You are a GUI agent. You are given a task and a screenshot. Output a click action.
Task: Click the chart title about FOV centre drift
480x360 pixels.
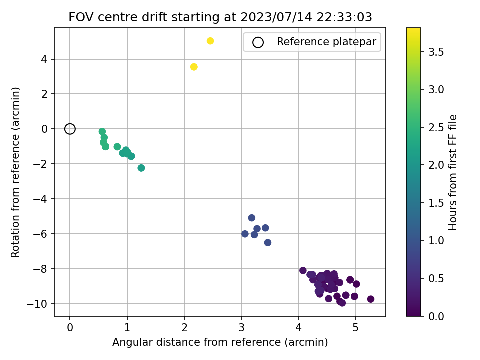tap(220, 17)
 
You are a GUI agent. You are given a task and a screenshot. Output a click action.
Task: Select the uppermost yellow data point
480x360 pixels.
tap(210, 41)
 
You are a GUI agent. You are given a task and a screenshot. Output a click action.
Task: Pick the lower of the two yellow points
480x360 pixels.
tap(194, 67)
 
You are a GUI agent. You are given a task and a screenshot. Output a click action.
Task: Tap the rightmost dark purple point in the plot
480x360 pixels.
tap(370, 299)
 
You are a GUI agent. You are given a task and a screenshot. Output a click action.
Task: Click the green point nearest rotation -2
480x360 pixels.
tap(141, 168)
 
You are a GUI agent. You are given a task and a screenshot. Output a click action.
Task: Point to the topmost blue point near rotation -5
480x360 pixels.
tap(252, 218)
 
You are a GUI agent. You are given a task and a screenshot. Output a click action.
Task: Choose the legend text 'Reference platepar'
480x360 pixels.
tap(326, 41)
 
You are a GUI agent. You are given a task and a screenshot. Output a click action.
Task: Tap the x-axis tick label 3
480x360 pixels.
tap(241, 328)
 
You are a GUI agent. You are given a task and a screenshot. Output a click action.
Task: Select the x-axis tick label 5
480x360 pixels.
tap(355, 328)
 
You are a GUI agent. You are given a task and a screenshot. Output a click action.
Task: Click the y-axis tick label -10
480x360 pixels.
tap(37, 304)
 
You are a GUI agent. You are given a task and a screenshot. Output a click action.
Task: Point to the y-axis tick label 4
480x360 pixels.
tap(44, 59)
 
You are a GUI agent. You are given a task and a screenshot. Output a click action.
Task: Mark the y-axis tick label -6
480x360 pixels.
tap(41, 234)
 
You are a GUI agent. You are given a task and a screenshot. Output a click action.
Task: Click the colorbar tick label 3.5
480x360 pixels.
tap(436, 52)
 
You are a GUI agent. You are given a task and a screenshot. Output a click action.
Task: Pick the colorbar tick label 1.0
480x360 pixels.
tap(436, 241)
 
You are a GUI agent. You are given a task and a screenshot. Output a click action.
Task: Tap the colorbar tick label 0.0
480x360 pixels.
tap(436, 316)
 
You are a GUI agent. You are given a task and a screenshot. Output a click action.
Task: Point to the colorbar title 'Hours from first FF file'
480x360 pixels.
tap(452, 172)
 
